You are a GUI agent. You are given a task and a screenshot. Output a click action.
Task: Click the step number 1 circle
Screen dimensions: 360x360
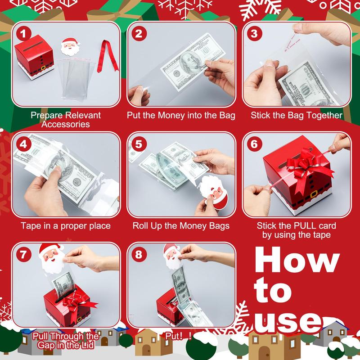coord(23,34)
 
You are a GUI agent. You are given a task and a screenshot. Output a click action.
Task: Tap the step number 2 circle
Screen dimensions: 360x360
coord(139,34)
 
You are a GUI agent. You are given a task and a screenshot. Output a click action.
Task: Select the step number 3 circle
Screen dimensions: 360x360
coord(254,34)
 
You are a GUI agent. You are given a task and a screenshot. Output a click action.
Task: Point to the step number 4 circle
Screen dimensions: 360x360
coord(23,144)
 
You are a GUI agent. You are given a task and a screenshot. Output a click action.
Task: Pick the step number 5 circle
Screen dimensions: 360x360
coord(139,144)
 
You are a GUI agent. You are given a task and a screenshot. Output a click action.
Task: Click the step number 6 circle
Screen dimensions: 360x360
coord(254,144)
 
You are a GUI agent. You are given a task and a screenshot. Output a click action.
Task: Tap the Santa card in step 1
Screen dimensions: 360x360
coord(69,50)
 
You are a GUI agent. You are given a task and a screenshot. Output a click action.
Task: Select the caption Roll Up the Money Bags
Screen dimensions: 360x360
coord(181,225)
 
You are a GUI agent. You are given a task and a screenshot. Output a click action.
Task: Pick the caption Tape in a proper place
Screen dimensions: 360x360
coord(65,225)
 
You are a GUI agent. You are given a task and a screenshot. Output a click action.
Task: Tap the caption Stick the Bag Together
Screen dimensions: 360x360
coord(297,115)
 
